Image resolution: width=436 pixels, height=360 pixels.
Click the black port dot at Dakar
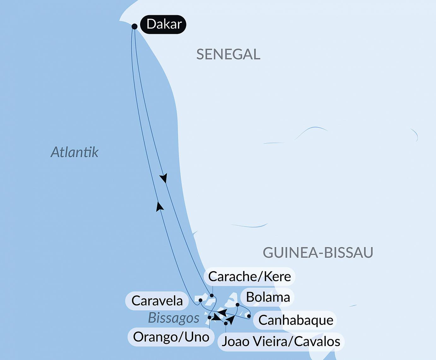134,27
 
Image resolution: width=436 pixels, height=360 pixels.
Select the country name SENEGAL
228,54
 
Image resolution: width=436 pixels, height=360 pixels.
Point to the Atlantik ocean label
74,152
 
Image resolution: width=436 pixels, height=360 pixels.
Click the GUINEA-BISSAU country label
318,252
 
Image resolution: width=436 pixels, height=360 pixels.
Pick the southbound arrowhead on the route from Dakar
163,179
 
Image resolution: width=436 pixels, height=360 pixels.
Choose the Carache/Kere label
249,276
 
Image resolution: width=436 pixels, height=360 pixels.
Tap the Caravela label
157,301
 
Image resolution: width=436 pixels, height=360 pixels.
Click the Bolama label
268,297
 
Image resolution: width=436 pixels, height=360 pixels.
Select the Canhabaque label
296,320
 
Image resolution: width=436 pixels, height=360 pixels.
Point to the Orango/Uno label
171,337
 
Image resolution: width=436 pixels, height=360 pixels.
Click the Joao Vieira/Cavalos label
281,341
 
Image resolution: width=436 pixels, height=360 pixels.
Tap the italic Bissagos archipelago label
174,318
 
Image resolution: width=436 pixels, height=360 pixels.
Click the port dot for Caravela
200,300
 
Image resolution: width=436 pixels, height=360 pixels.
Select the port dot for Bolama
238,305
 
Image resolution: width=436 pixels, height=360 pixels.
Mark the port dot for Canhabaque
249,316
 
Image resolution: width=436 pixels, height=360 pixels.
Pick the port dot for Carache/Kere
212,296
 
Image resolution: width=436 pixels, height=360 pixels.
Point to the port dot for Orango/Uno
209,317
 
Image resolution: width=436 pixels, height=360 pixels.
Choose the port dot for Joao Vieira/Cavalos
226,323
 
